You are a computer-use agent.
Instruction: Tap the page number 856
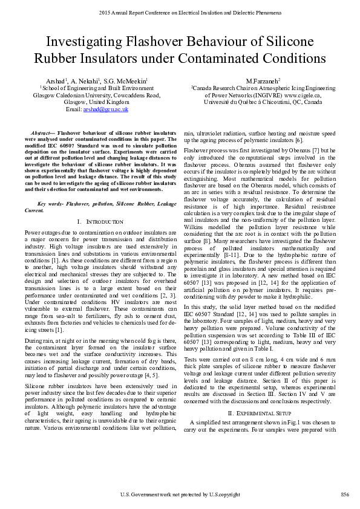click(x=345, y=495)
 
